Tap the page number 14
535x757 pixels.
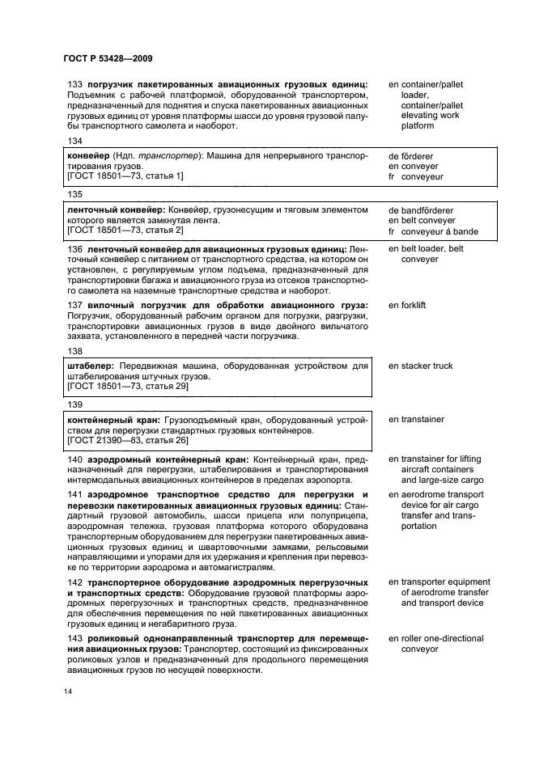click(x=70, y=692)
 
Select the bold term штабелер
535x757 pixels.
click(x=89, y=366)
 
